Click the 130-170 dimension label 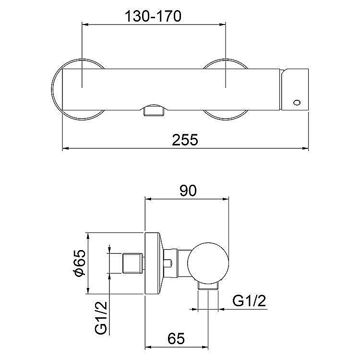click(x=153, y=16)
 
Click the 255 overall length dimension click(x=185, y=140)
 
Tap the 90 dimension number click(x=188, y=191)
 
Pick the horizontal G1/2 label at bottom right click(x=249, y=301)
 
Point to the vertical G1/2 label click(x=101, y=318)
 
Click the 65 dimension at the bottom click(x=176, y=338)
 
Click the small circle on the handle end click(x=297, y=102)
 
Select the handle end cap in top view click(x=295, y=90)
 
